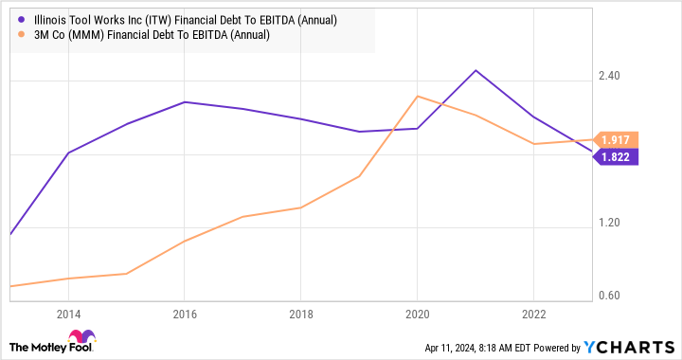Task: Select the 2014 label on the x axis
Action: point(68,314)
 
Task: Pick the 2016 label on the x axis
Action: point(184,314)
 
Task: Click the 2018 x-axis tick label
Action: point(300,314)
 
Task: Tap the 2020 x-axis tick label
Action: point(417,314)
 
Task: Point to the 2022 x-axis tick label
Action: point(533,314)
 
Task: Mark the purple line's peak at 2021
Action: point(476,70)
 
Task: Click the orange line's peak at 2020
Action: point(418,96)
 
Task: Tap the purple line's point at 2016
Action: point(185,101)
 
